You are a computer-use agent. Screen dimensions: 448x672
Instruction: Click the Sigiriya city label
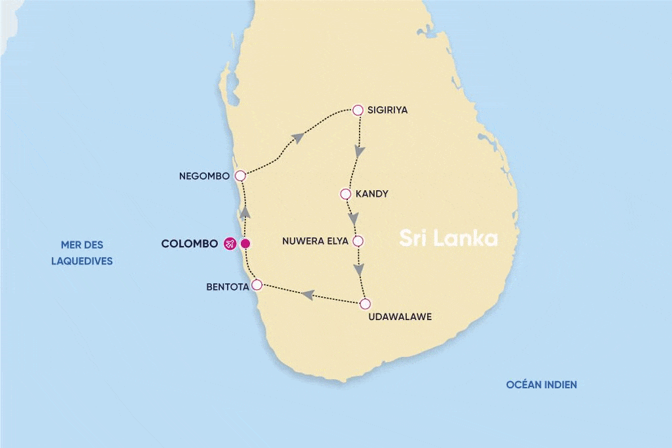point(388,110)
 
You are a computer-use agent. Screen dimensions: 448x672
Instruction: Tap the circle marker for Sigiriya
point(358,110)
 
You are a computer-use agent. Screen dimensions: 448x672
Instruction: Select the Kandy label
point(371,194)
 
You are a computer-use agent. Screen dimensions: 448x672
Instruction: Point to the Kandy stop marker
point(345,194)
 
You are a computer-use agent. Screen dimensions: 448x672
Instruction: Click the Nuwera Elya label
point(314,241)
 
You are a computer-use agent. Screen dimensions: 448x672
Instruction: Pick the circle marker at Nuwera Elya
point(358,241)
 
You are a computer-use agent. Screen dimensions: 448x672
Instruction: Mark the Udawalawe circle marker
point(366,304)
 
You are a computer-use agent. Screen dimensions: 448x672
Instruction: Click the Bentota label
point(226,286)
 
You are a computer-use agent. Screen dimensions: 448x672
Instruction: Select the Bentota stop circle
point(257,285)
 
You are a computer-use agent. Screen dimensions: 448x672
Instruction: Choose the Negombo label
point(204,176)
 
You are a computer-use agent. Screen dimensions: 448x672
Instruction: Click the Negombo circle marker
point(240,176)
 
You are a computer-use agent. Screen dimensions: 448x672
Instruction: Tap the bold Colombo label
point(189,244)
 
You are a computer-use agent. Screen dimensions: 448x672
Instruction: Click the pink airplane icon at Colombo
point(230,244)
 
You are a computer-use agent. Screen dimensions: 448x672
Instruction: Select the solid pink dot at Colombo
point(245,244)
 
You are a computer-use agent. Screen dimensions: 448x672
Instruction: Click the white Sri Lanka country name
point(449,238)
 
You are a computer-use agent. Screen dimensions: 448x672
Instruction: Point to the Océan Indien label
point(541,385)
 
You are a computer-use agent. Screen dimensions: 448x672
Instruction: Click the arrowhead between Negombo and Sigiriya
point(298,137)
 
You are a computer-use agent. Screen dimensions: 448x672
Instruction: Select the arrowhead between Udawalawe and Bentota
point(306,295)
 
